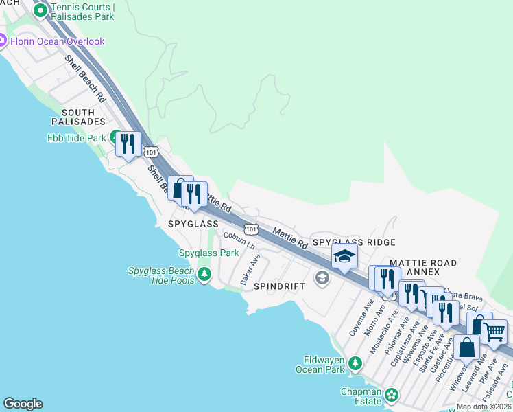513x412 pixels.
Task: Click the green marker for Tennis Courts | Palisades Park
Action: (x=40, y=11)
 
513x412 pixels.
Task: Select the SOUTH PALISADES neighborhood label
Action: (x=83, y=117)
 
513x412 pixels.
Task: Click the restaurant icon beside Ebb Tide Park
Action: (x=128, y=144)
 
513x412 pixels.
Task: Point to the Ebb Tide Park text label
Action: (x=76, y=138)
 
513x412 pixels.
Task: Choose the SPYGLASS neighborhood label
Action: (x=193, y=224)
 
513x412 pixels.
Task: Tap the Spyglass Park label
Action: (x=209, y=253)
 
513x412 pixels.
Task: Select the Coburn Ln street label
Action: (x=239, y=240)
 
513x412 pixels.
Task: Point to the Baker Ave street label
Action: (x=250, y=271)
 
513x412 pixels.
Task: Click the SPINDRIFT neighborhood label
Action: (x=278, y=286)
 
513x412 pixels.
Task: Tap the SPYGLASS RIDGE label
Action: (x=354, y=242)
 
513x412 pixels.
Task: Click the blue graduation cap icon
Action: (x=344, y=257)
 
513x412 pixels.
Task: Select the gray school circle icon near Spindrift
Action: (x=322, y=278)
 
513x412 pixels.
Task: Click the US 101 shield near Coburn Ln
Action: (x=251, y=228)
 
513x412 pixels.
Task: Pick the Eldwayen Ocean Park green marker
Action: (x=355, y=363)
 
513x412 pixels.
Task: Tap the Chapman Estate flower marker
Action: (x=391, y=396)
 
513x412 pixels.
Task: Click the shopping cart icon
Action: (x=494, y=332)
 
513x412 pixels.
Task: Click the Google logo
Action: (x=23, y=404)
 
